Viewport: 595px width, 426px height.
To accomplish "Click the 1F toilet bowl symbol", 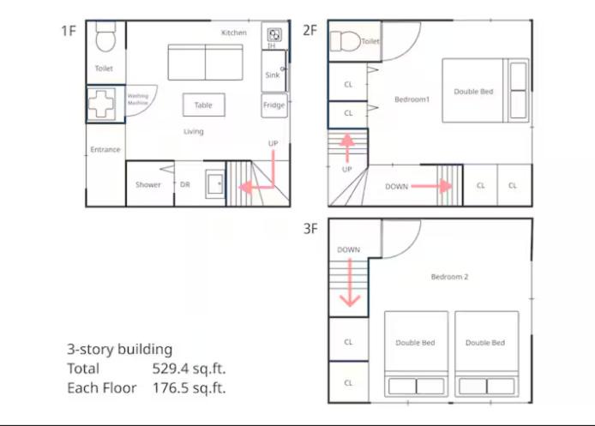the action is coord(105,37).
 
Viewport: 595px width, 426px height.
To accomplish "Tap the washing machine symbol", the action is coord(101,103).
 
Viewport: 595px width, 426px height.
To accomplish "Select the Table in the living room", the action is coord(204,105).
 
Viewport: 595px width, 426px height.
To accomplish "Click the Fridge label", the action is coord(274,105).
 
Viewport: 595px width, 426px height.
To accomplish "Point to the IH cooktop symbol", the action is coord(274,35).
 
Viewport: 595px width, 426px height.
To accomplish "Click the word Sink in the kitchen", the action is coord(273,75).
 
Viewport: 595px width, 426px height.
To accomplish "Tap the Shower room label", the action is coord(148,185).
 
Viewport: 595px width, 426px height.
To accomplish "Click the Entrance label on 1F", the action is coord(105,149).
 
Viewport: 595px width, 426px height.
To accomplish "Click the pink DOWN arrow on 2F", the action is coord(432,186).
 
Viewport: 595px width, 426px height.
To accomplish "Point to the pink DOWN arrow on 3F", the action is coord(350,283).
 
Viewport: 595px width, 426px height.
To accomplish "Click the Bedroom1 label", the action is coord(412,99).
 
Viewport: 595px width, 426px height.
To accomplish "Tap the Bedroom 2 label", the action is coord(449,277).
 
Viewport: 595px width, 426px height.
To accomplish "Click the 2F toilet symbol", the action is coord(345,41).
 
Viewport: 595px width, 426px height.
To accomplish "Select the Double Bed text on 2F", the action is coord(473,92).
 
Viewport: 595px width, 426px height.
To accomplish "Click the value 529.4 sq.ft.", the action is coord(189,369).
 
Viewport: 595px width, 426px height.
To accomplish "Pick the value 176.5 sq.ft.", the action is coord(189,387).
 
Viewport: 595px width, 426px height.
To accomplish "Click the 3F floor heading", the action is coord(310,229).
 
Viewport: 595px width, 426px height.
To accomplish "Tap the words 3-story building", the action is coord(119,349).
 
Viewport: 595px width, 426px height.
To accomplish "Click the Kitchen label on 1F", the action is coord(234,33).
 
